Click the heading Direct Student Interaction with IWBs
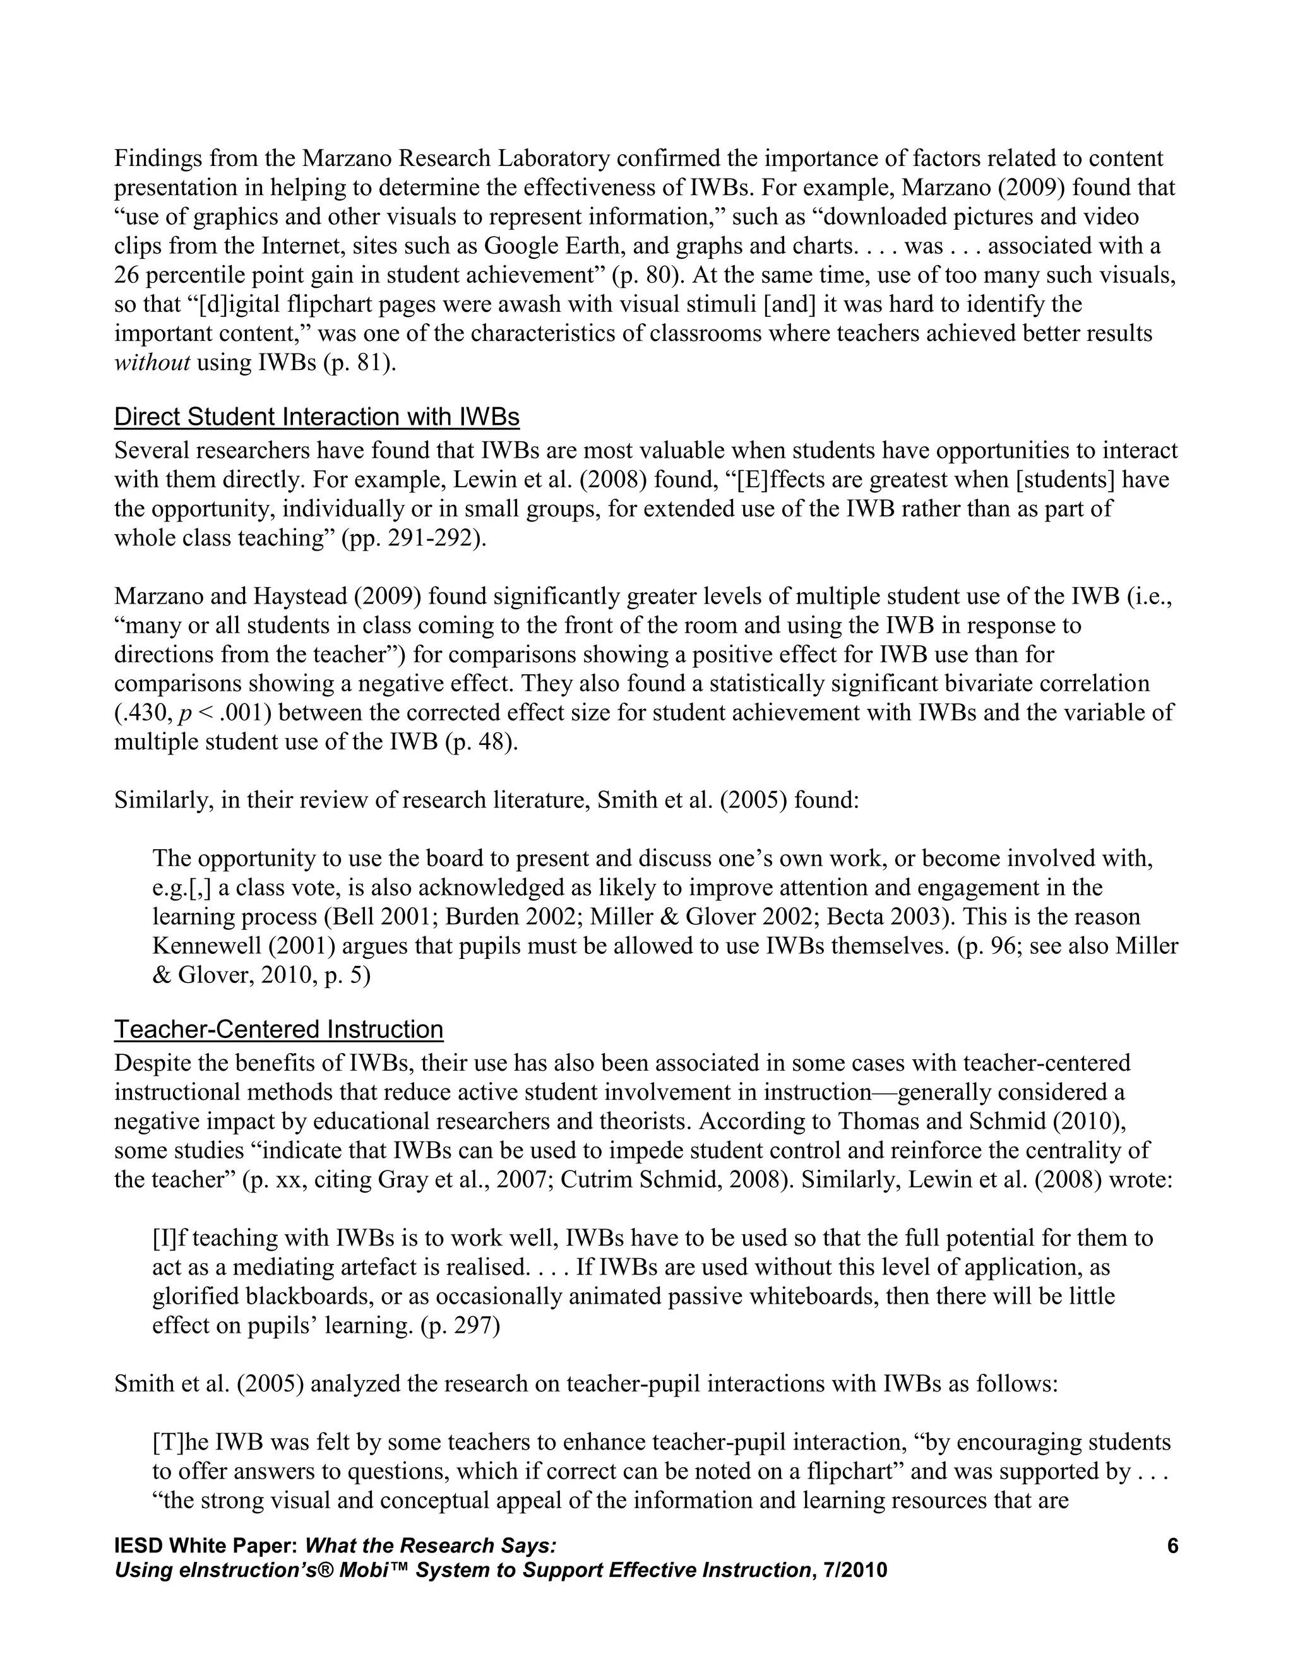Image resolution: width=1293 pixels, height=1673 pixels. pyautogui.click(x=316, y=417)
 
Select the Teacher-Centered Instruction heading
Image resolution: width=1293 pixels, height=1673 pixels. pyautogui.click(x=279, y=1030)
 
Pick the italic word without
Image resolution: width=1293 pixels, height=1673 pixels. pyautogui.click(x=152, y=363)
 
